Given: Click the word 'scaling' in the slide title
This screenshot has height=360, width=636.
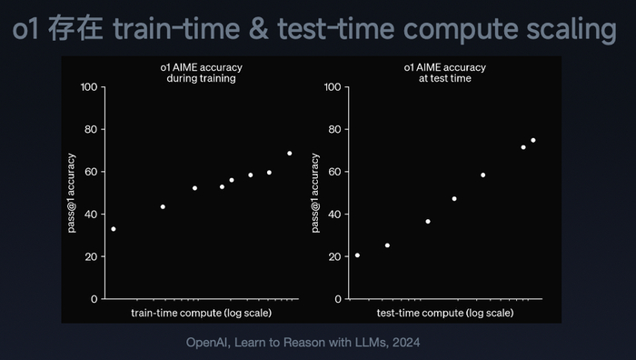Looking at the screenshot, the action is coord(571,29).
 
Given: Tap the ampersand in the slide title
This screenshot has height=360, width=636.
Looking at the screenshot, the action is coord(258,29).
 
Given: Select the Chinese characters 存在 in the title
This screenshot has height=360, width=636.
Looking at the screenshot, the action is coord(75,28).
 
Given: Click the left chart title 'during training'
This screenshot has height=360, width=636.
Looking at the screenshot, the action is coord(201,78).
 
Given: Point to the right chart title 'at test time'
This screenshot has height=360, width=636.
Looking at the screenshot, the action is coord(445,78).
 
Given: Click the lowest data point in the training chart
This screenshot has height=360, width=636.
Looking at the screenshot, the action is coord(114,229).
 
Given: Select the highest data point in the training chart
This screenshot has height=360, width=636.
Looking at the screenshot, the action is coord(290,154).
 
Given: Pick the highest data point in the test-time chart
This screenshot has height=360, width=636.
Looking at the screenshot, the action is coord(533,140).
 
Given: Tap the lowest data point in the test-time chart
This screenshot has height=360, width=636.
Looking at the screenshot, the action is coord(357,255).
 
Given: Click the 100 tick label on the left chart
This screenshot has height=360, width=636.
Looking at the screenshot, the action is coord(89,87).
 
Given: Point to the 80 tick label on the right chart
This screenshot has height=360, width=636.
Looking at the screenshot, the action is coord(334,129).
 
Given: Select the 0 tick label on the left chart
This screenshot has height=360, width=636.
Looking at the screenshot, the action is coord(94,299).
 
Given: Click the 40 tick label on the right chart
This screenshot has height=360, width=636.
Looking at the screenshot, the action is coord(334,215).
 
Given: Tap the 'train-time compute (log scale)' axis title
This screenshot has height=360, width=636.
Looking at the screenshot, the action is coord(201,313).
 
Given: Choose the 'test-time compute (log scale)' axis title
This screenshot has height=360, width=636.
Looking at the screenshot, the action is coord(445,313).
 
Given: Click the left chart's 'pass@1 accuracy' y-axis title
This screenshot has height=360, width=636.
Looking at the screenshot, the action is coord(72,193).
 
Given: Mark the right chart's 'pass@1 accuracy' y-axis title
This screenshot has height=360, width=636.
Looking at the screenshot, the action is coord(315,193).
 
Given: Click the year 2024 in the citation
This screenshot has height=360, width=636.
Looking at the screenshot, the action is coord(406,343).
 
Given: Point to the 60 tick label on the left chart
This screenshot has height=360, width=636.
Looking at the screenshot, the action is coord(91,172).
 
